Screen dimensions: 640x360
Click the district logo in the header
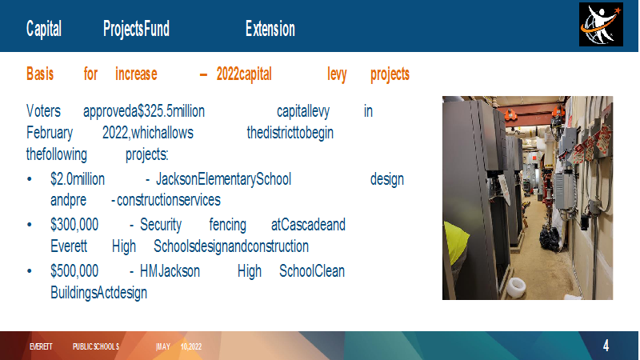(601, 25)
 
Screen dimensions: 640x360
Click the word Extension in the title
(270, 29)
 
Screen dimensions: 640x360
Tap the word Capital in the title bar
(44, 29)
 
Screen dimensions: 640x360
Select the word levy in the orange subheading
(337, 74)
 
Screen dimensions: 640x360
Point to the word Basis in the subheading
(40, 74)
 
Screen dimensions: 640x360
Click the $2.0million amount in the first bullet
(78, 179)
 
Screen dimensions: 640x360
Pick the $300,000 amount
(74, 225)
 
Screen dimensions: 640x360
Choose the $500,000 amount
(74, 271)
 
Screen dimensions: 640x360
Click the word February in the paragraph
(50, 133)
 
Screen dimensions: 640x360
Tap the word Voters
(43, 111)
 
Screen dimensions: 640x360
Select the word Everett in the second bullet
(69, 246)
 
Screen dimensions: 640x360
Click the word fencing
(228, 226)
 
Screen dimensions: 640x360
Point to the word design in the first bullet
(387, 179)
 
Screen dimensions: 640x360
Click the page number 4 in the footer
(606, 346)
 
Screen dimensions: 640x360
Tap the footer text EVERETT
(41, 346)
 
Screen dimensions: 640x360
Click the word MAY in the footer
(163, 346)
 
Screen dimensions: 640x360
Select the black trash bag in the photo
(549, 238)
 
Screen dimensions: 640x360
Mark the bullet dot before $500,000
(30, 271)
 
